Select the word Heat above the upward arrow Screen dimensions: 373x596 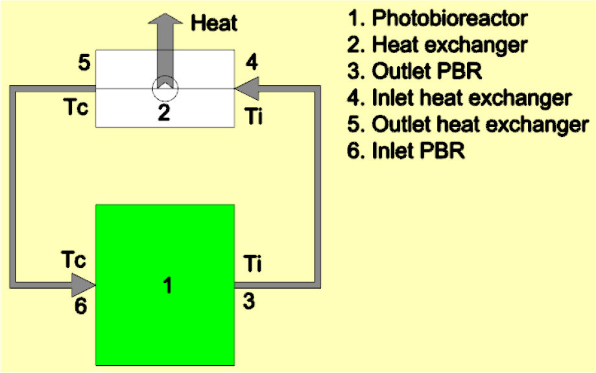pyautogui.click(x=215, y=24)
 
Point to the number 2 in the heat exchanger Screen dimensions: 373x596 pyautogui.click(x=163, y=114)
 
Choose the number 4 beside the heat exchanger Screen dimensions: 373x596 pyautogui.click(x=251, y=63)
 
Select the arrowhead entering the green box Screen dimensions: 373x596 pyautogui.click(x=83, y=285)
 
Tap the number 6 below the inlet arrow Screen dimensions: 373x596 pyautogui.click(x=80, y=306)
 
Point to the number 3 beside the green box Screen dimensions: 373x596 pyautogui.click(x=251, y=300)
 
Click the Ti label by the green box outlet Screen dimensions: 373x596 pyautogui.click(x=252, y=265)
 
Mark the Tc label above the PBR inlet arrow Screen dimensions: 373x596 pyautogui.click(x=75, y=259)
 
